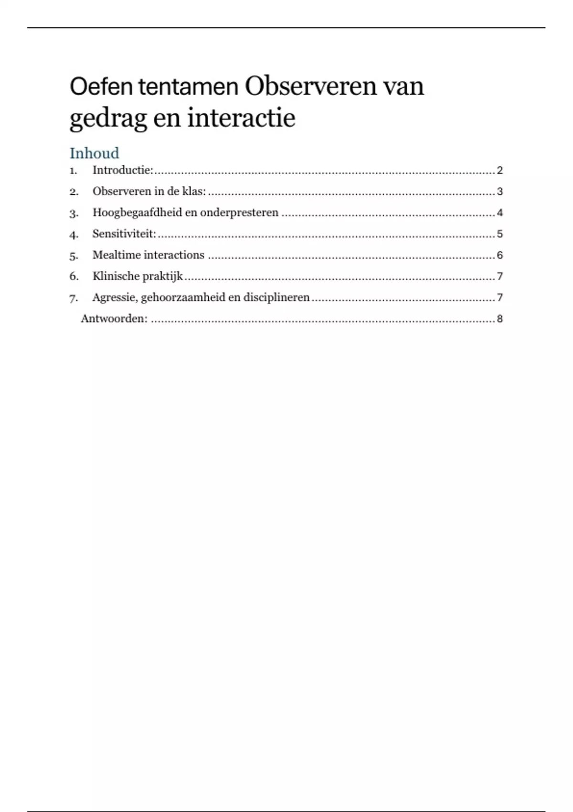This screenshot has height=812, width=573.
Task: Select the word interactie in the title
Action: (241, 118)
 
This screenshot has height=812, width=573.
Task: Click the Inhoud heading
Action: (95, 153)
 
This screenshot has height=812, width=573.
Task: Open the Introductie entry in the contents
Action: (123, 170)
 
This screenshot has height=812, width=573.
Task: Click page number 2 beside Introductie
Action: (499, 171)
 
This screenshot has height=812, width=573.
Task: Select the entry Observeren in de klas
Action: (149, 192)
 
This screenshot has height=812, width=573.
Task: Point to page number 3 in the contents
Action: (499, 192)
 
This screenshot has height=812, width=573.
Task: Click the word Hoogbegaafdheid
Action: (137, 213)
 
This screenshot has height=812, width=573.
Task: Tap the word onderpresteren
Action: (239, 213)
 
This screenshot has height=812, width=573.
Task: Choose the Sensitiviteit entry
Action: (124, 234)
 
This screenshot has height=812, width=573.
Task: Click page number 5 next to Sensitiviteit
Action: (499, 234)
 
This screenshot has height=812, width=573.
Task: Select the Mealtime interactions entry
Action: (149, 255)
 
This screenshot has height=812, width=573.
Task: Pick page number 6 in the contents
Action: (499, 255)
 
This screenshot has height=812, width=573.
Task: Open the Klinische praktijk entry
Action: (138, 276)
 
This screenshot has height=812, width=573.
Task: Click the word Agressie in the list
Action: (115, 298)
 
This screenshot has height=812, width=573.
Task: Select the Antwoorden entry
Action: (114, 319)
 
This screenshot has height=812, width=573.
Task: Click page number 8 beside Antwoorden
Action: (499, 319)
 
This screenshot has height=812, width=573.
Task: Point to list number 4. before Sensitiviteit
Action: (74, 235)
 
